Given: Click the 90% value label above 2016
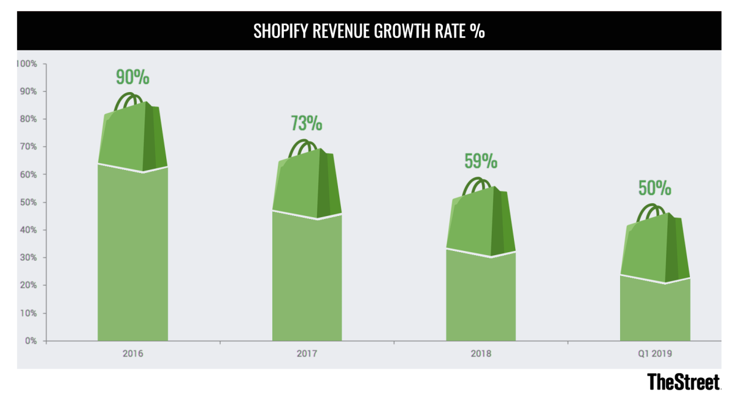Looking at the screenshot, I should point(132,77).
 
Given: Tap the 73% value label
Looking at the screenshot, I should point(306,123).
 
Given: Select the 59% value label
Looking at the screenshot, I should point(480,161).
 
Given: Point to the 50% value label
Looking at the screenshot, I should point(654,188).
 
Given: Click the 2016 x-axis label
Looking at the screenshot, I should point(132,354).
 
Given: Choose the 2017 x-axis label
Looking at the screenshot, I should point(307,354).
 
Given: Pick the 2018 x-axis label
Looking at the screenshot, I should point(481,354).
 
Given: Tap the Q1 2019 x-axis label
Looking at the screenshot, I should point(654,354).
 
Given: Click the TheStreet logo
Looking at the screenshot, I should point(684,382).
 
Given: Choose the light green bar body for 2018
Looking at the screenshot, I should point(481,298).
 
